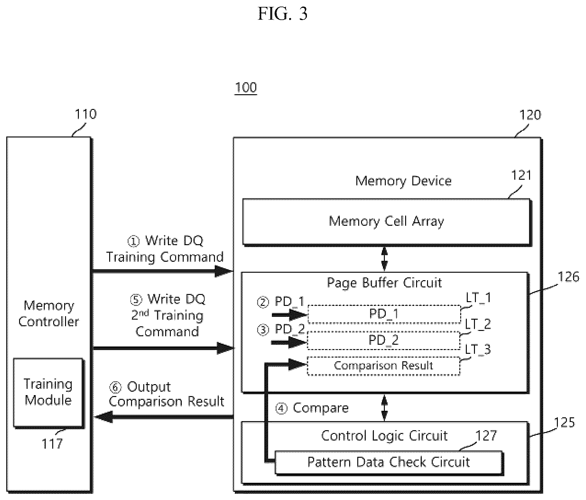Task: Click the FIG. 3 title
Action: click(283, 14)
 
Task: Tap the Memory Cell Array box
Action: click(387, 222)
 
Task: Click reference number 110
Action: click(85, 114)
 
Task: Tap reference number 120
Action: click(530, 115)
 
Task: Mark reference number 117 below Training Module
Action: click(52, 444)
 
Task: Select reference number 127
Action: click(486, 436)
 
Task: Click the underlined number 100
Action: click(246, 87)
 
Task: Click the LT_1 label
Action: click(478, 297)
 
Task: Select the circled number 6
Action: click(115, 387)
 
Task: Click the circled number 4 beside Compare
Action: click(281, 408)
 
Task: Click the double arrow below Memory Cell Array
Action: click(385, 259)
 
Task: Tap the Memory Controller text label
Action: click(49, 314)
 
